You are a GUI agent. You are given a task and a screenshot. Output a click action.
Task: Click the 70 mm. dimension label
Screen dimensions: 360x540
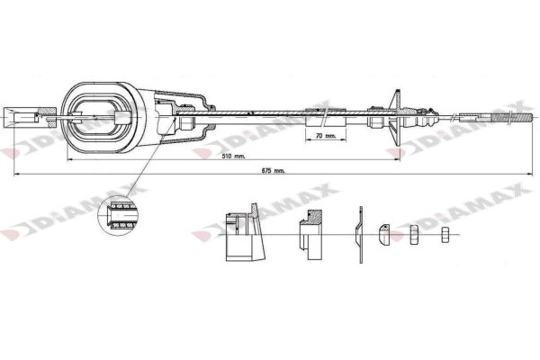click(x=326, y=137)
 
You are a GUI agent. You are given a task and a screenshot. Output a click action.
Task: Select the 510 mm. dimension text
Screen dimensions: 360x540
click(x=232, y=155)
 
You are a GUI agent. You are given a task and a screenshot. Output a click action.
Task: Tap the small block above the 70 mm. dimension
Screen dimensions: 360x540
click(x=320, y=117)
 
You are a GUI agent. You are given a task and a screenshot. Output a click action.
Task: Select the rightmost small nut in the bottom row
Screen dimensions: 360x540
click(x=445, y=236)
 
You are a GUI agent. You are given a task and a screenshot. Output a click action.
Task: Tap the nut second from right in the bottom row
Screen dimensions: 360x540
click(x=416, y=235)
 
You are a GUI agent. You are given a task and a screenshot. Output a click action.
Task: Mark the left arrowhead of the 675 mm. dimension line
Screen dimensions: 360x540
click(x=18, y=173)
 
